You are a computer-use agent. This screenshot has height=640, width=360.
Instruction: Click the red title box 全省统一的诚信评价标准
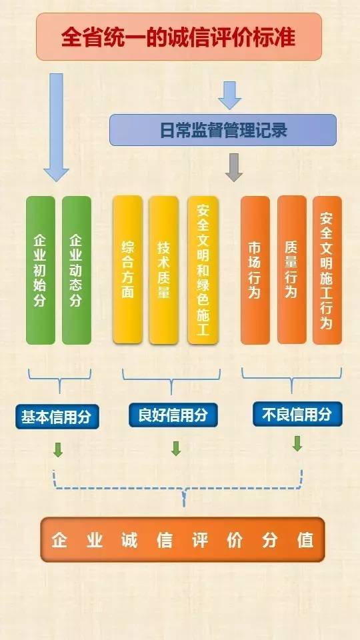click(179, 37)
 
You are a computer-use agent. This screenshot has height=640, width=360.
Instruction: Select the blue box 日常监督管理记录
click(223, 130)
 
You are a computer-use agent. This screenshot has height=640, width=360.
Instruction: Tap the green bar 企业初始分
click(41, 270)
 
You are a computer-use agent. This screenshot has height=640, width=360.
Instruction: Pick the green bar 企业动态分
click(76, 270)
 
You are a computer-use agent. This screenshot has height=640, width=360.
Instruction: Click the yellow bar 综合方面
click(128, 270)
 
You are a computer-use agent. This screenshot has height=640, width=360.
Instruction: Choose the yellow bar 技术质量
click(164, 270)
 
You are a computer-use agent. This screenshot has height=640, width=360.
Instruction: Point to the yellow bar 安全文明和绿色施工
click(203, 270)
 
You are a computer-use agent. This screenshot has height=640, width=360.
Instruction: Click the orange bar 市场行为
click(255, 270)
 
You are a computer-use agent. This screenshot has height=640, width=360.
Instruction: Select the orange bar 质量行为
click(292, 270)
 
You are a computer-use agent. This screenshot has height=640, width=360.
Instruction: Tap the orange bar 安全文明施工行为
click(327, 270)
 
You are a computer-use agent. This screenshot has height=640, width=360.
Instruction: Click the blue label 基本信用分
click(57, 417)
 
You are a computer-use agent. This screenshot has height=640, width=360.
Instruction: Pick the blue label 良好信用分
click(173, 415)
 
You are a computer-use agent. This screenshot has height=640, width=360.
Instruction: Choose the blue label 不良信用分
click(297, 414)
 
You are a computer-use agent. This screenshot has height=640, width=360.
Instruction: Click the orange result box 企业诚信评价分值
click(183, 539)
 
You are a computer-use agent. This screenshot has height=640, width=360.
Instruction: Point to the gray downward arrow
click(234, 167)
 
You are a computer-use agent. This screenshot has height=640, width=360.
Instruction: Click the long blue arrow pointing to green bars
click(56, 127)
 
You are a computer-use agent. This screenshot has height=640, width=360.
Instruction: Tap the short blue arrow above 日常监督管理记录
click(229, 95)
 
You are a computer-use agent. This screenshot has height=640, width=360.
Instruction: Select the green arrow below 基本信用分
click(59, 449)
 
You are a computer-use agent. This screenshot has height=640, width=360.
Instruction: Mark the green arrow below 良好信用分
click(176, 448)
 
